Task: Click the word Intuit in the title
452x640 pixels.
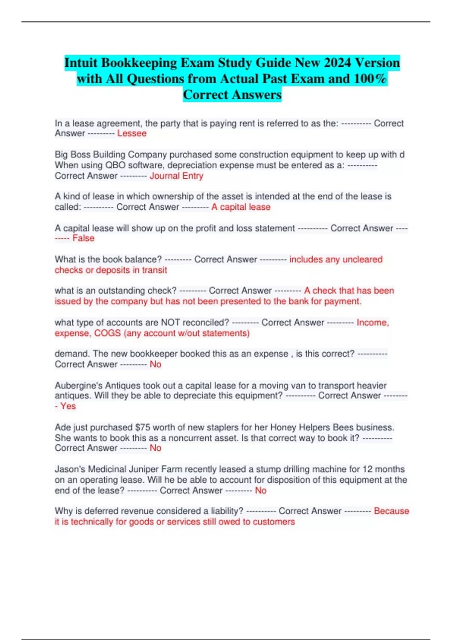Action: point(81,62)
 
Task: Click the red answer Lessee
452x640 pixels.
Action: point(132,133)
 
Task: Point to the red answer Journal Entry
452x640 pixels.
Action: point(176,176)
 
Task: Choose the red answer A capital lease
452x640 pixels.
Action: point(241,207)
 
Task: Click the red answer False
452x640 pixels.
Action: point(83,238)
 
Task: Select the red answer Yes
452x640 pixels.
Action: point(68,406)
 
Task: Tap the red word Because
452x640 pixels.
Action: point(391,511)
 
